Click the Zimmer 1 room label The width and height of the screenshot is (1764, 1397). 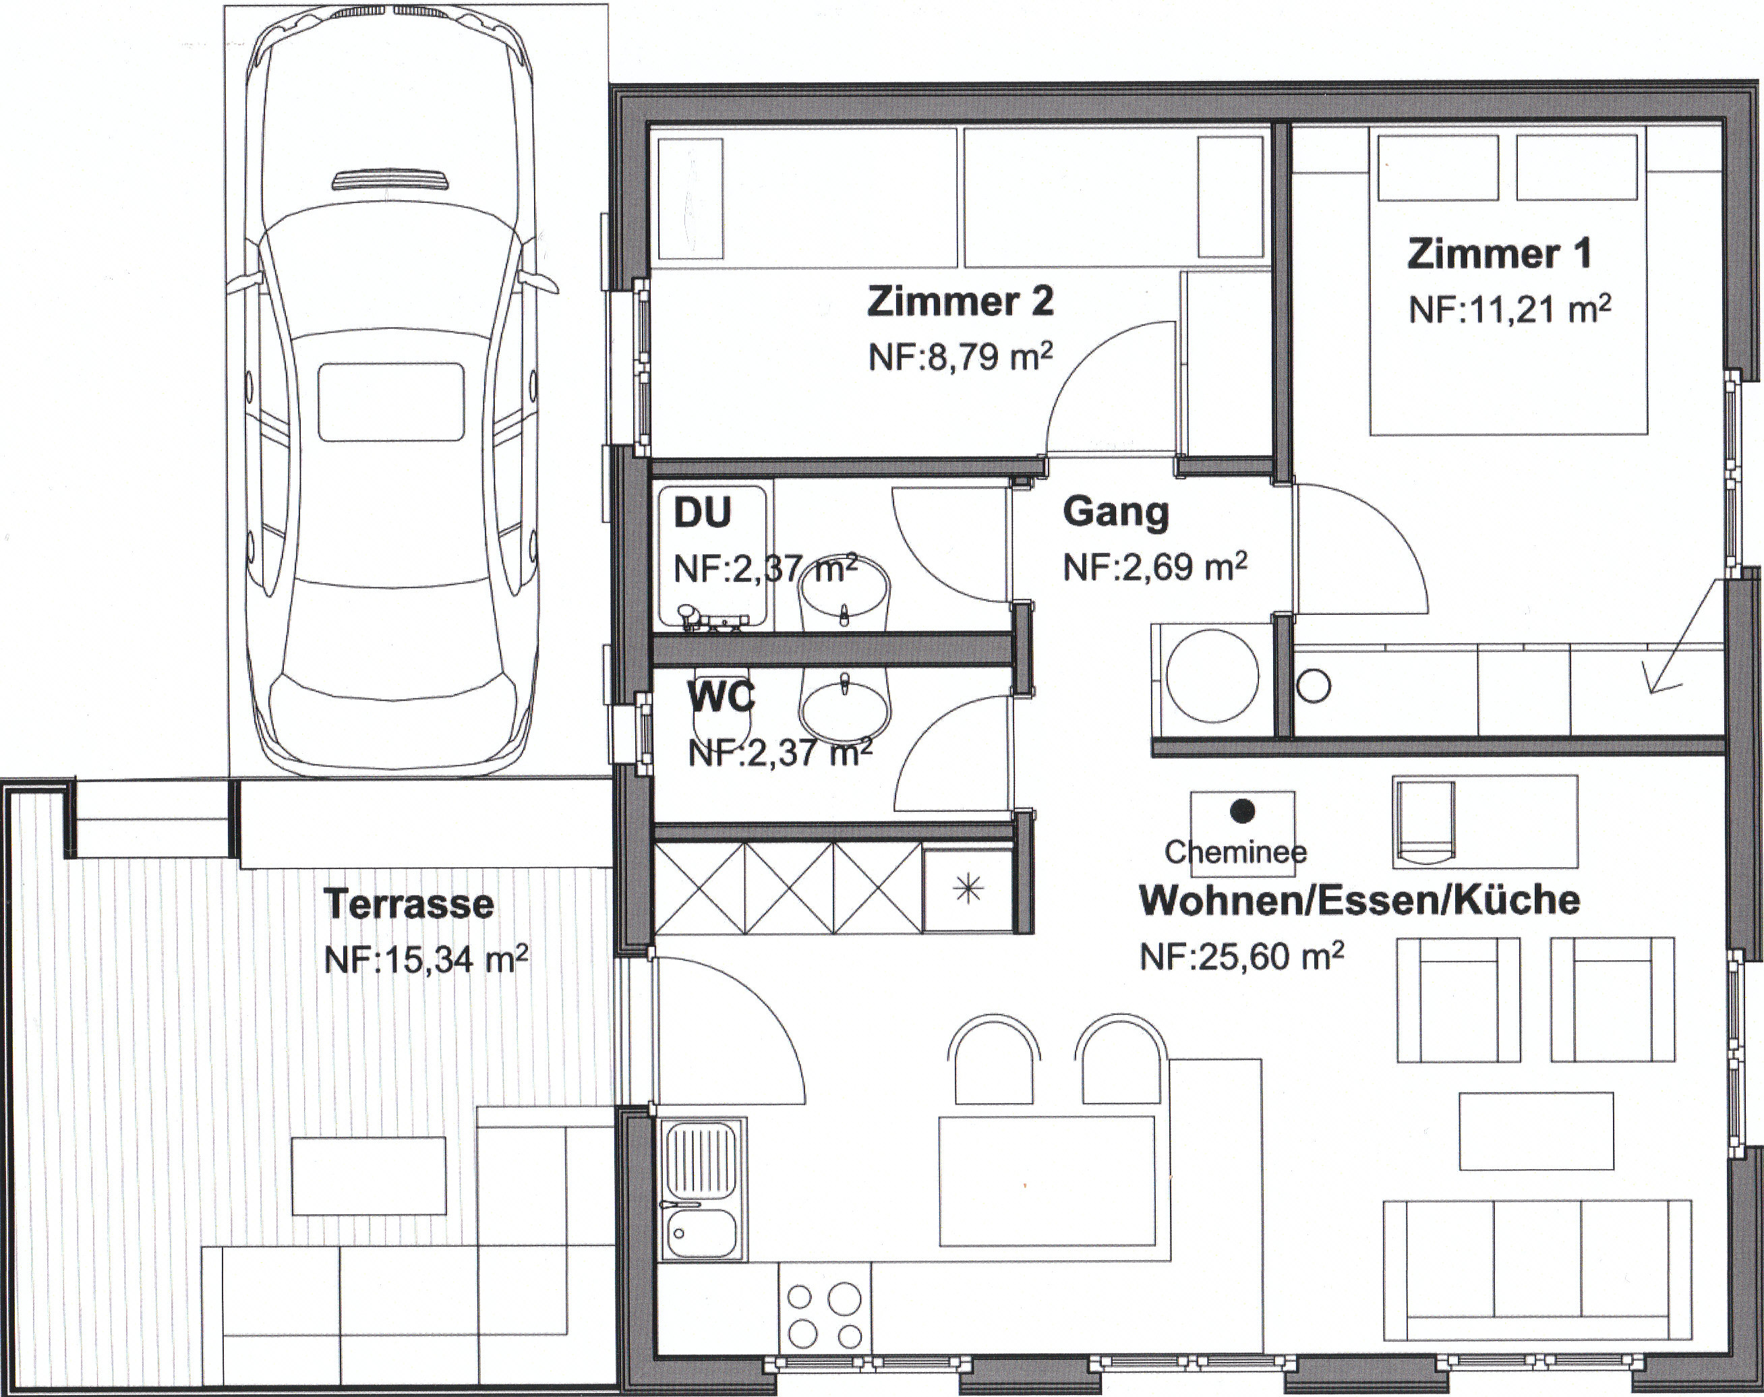coord(1499,254)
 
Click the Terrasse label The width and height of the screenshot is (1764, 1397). coord(409,903)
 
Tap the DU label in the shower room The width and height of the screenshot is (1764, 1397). coord(703,514)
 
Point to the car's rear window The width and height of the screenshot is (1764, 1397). coord(390,403)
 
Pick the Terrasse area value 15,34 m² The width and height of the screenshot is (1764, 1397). coord(426,959)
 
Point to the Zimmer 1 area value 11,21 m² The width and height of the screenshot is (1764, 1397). coord(1510,311)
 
